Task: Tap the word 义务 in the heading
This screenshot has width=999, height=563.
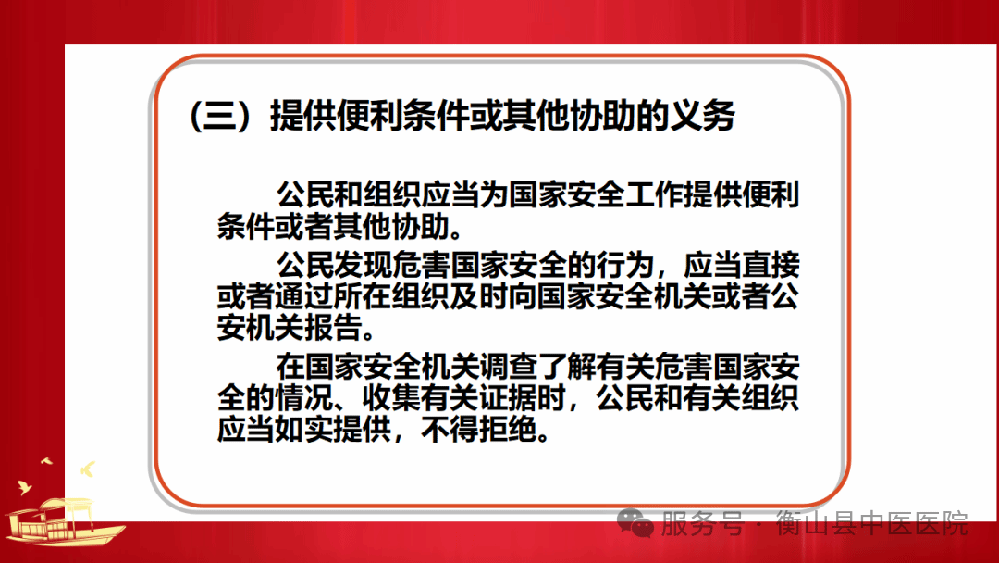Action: [x=703, y=116]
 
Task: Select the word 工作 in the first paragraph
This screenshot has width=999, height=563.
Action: [x=655, y=194]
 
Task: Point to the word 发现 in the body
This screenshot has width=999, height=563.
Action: [x=364, y=265]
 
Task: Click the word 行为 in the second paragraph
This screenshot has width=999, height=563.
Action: [x=625, y=265]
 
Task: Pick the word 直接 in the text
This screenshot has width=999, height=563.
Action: [x=771, y=265]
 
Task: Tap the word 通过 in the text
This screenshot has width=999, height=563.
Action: [x=304, y=297]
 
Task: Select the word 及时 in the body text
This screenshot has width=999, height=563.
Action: [x=479, y=297]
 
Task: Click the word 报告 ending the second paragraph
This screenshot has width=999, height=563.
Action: [x=334, y=329]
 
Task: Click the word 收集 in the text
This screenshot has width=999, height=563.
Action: [x=391, y=398]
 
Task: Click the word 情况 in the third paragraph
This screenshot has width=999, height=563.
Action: [x=304, y=398]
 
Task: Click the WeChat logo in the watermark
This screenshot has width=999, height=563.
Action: [x=635, y=523]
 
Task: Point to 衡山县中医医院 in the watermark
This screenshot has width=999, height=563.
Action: [x=871, y=524]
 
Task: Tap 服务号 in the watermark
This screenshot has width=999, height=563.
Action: [x=702, y=524]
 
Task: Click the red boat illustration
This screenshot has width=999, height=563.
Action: [x=64, y=520]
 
